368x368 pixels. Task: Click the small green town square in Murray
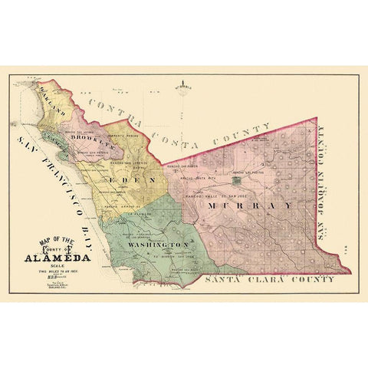click(x=238, y=182)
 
